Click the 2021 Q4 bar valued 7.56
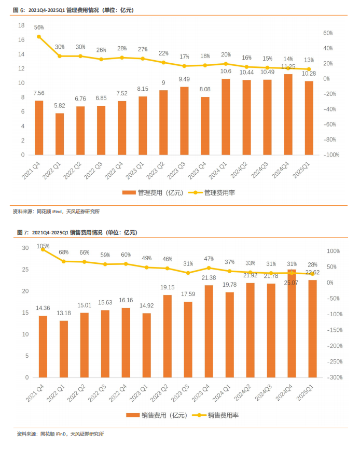point(39,128)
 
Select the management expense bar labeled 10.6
point(226,117)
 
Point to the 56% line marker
point(39,37)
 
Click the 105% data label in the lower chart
point(43,246)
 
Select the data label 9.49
point(184,79)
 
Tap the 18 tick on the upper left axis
point(21,25)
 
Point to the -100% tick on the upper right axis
point(331,155)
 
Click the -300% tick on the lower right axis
point(332,377)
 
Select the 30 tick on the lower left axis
point(25,248)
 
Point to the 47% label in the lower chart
point(209,258)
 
